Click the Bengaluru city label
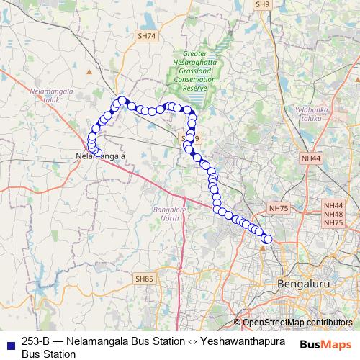[303, 284]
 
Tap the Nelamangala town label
[100, 155]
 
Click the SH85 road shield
[144, 278]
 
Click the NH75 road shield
[279, 208]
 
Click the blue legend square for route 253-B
[9, 341]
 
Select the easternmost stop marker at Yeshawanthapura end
[269, 239]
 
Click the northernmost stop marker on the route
[122, 101]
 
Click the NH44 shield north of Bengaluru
[311, 158]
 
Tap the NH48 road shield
[333, 214]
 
